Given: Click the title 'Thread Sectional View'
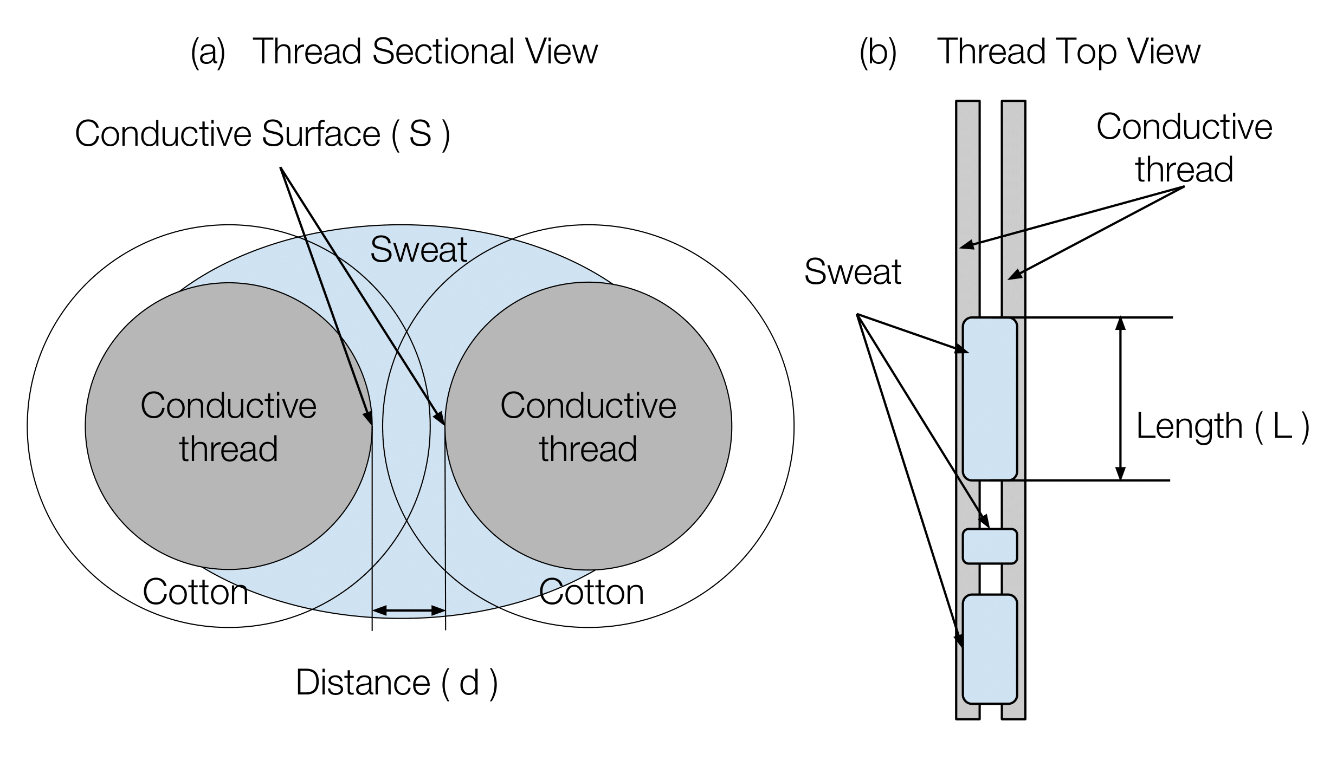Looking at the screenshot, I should click(x=425, y=52).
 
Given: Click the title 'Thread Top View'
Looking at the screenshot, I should click(x=1068, y=52).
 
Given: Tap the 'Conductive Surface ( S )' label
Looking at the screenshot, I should click(x=262, y=134).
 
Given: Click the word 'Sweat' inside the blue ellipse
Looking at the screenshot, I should click(x=418, y=250).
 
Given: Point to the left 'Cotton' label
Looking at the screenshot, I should click(x=195, y=592).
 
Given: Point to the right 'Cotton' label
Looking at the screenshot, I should click(x=591, y=592).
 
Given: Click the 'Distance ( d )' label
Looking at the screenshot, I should click(x=397, y=683).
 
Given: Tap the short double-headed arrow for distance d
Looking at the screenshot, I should click(x=409, y=610).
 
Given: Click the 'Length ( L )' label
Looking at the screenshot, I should click(x=1223, y=426).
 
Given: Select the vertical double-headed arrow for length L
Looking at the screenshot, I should click(x=1121, y=399).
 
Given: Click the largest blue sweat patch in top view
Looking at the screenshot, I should click(x=990, y=399).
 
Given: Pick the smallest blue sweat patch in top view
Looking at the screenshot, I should click(x=990, y=547).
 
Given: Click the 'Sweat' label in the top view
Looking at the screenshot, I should click(x=853, y=272).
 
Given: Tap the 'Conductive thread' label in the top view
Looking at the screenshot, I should click(x=1184, y=148).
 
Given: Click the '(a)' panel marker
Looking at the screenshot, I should click(x=208, y=53).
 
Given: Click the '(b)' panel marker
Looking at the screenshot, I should click(x=878, y=53).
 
